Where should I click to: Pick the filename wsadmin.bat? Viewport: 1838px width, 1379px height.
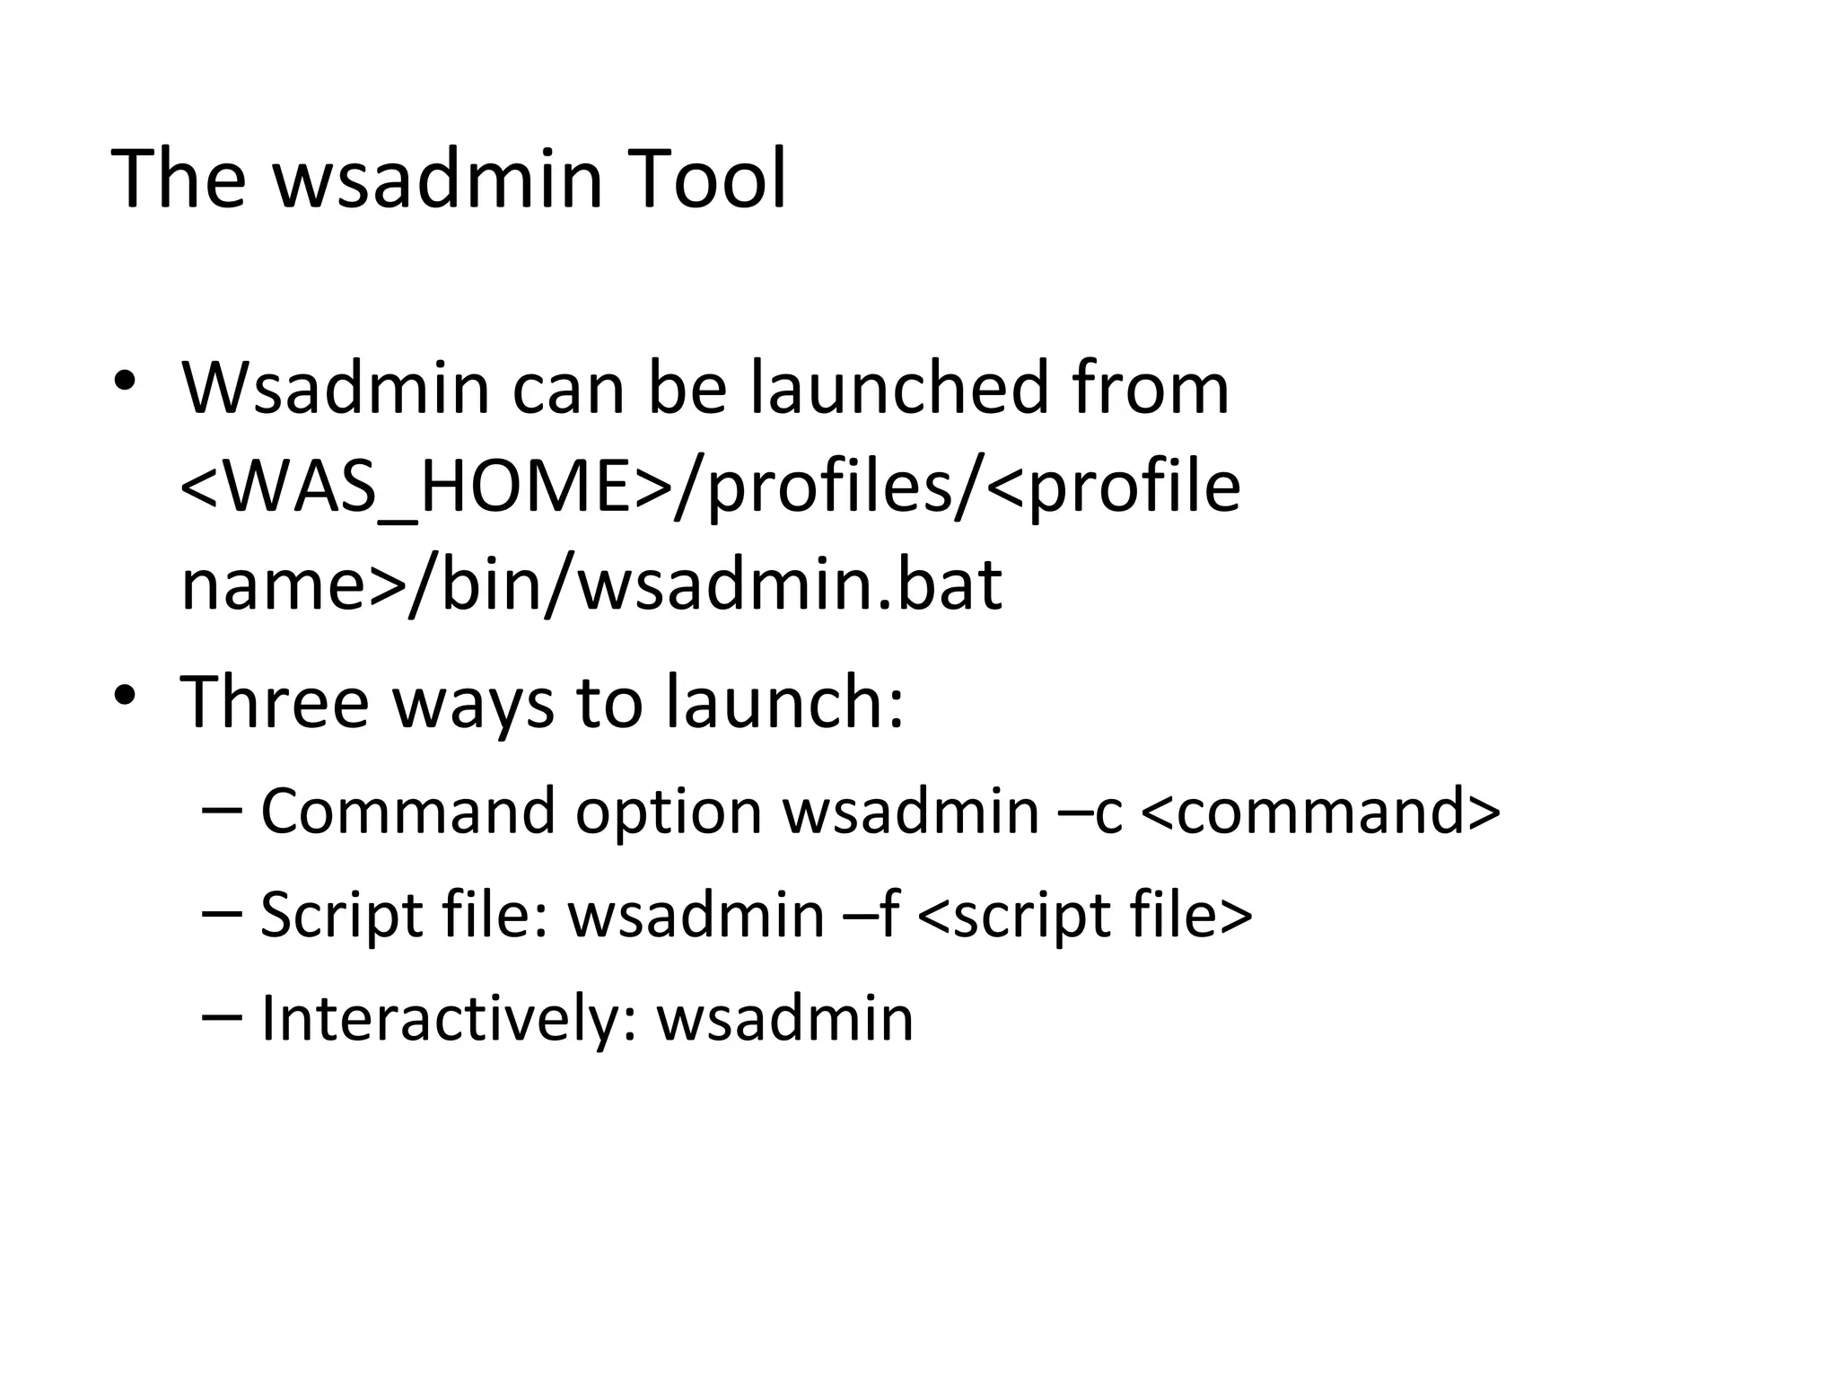(x=790, y=585)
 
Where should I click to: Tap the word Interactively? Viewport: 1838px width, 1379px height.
(x=449, y=1019)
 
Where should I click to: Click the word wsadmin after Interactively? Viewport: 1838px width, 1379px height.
(x=785, y=1019)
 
